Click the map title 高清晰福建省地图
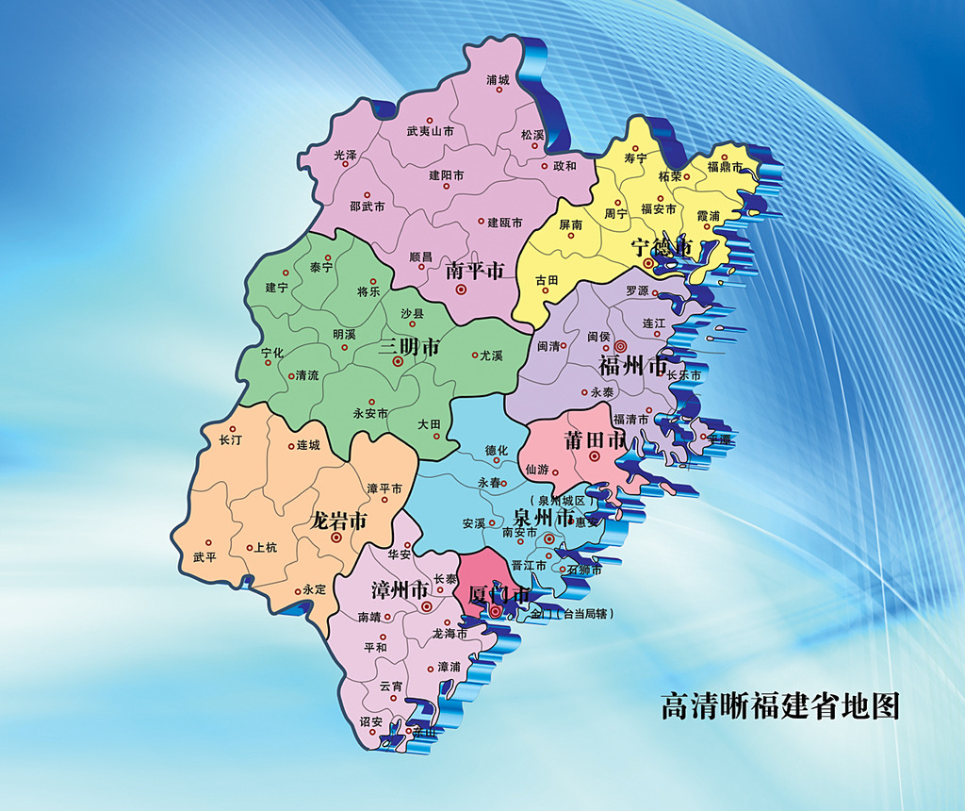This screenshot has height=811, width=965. coord(780,706)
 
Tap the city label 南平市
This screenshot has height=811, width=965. coord(475,271)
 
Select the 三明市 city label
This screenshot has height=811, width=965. coord(409,347)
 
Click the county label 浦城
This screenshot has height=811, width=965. coord(498,80)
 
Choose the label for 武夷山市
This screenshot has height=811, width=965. coord(430,132)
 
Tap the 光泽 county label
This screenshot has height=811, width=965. coord(345,155)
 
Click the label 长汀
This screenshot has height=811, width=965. coord(230,440)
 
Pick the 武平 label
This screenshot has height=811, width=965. coord(204,556)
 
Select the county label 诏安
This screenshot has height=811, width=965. coord(371,721)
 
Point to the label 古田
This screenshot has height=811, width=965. coord(547,280)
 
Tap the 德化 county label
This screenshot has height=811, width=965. coord(496,451)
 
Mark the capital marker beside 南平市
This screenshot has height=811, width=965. coord(461,290)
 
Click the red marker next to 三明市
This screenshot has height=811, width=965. coord(398,361)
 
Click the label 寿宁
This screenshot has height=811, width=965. coord(636,158)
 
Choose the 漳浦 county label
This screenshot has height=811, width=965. coord(449,667)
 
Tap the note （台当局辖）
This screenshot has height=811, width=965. coord(583,614)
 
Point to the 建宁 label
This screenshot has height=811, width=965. coord(276,288)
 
